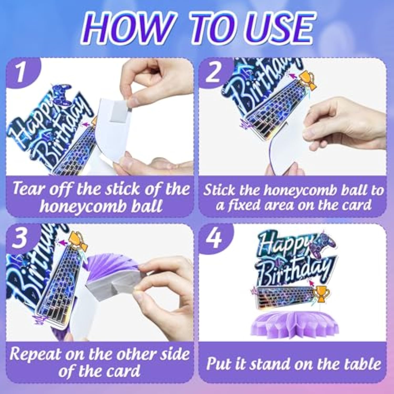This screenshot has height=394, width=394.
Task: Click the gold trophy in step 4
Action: tap(320, 293)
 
